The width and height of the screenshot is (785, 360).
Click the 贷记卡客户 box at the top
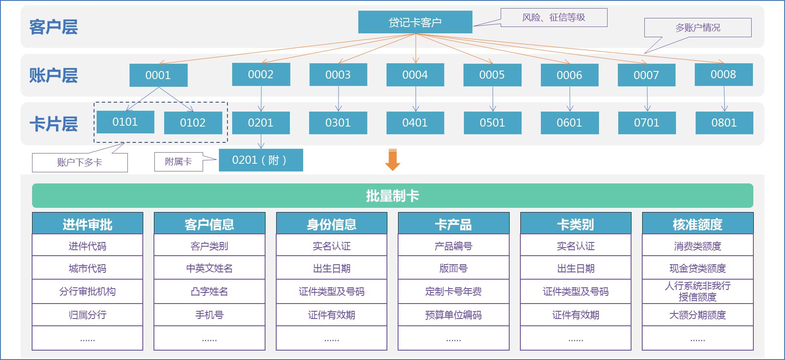coord(415,22)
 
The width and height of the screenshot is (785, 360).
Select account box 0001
coord(158,75)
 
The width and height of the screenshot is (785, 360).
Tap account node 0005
coord(492,75)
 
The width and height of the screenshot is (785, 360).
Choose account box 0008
coord(723,74)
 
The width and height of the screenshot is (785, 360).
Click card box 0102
coord(193,123)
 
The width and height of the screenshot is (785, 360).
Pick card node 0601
coord(570,123)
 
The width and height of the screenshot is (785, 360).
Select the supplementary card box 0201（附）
coord(260,160)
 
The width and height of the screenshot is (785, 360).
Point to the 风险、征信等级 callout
coord(554,18)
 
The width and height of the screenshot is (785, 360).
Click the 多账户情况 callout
coord(698,28)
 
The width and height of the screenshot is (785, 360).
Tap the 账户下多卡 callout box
coord(80,162)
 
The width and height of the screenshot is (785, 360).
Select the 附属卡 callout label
coord(178,162)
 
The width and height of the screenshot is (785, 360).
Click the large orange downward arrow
coord(392,159)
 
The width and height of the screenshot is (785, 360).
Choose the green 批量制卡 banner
coord(392,196)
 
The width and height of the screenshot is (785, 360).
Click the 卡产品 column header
coord(453,224)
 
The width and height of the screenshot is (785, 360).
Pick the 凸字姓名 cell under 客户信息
coord(210,292)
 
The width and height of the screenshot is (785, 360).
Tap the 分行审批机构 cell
coord(88,292)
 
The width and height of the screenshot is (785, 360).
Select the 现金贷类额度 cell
coord(697,268)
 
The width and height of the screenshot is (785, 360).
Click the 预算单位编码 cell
coord(453,315)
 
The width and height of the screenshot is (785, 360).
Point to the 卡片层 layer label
coord(53,124)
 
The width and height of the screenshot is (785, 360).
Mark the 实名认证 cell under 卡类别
coord(575,246)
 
